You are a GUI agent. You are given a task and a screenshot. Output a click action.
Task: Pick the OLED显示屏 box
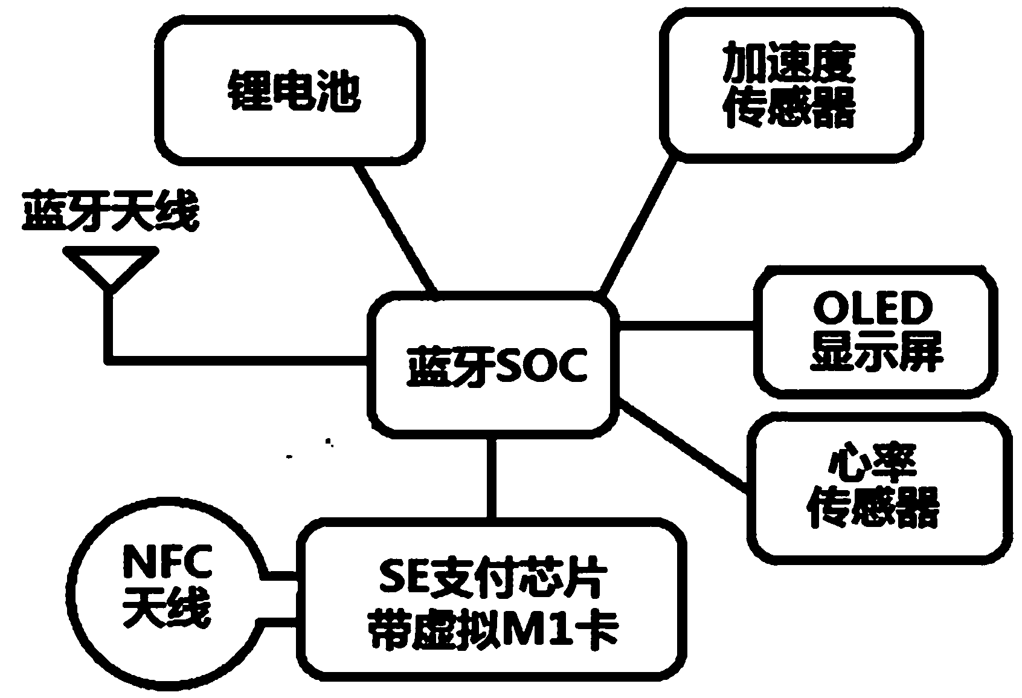(x=876, y=332)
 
